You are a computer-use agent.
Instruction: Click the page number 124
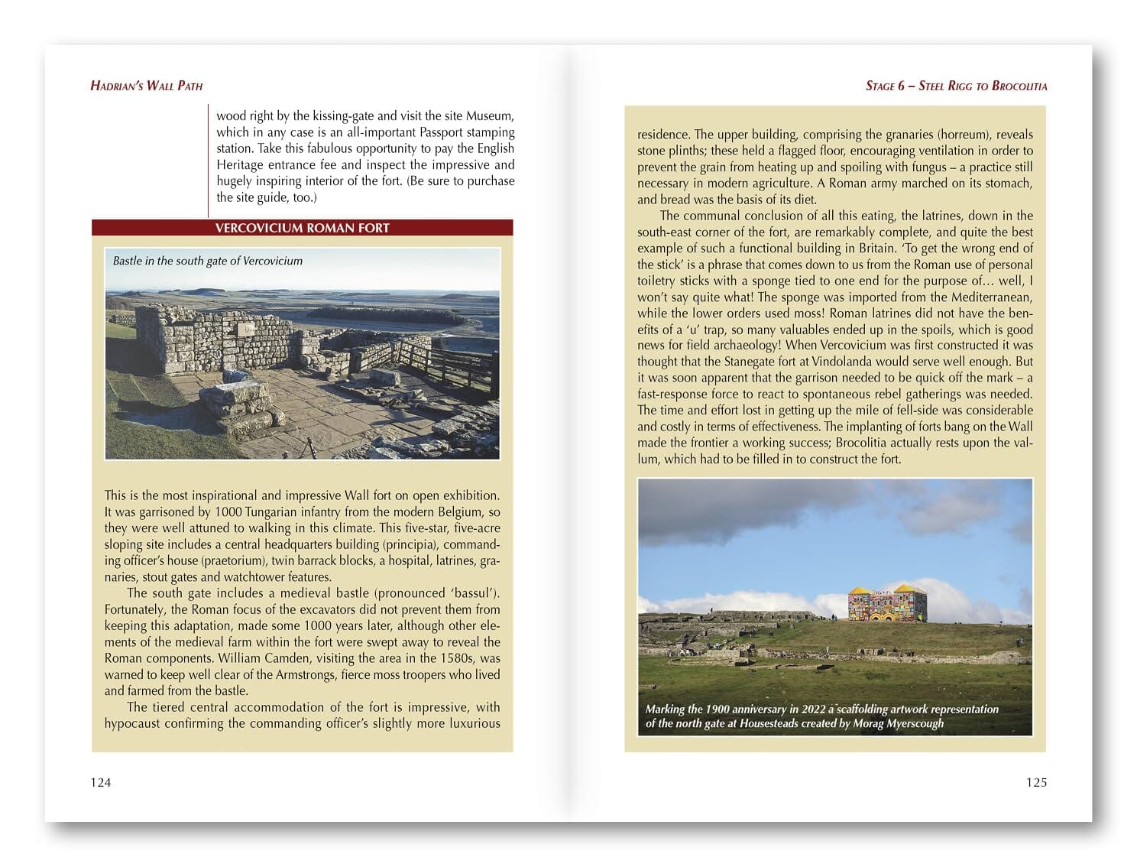101,782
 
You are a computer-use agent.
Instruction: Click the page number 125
1036,782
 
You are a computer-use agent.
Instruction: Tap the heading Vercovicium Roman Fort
302,228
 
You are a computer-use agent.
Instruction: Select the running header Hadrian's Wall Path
147,86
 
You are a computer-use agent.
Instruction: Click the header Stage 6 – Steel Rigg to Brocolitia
956,86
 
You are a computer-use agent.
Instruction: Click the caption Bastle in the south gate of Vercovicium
208,261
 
